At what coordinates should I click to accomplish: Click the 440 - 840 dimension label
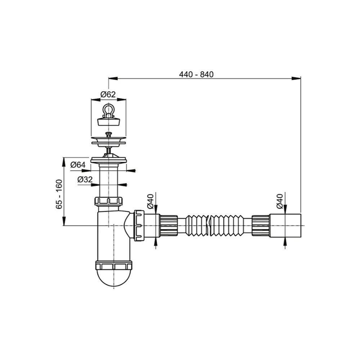(x=196, y=75)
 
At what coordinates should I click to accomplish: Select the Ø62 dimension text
(x=108, y=94)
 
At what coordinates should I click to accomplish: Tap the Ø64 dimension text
(x=78, y=165)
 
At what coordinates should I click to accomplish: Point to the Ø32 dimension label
(x=85, y=179)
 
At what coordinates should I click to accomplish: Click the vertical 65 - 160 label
(x=59, y=194)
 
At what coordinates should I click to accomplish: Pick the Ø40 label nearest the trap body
(x=150, y=201)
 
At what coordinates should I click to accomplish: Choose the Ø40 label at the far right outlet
(x=279, y=201)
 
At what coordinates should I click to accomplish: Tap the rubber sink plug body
(x=109, y=122)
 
